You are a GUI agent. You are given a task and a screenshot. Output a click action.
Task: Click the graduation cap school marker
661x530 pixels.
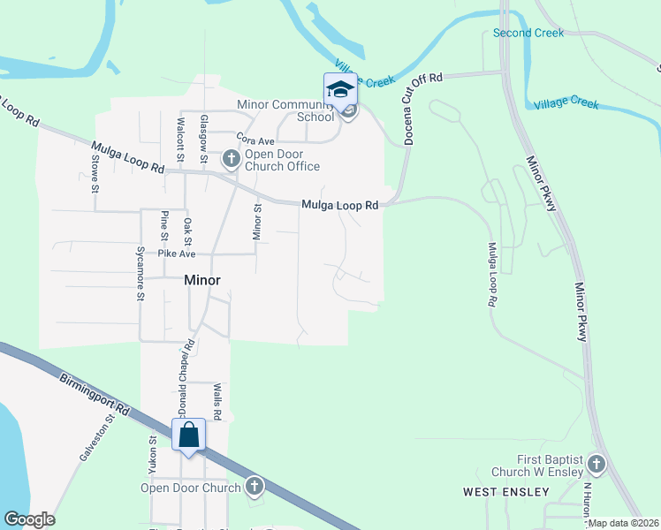click(x=340, y=90)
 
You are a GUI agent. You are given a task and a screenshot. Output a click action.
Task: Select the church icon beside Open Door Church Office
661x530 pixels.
click(x=232, y=160)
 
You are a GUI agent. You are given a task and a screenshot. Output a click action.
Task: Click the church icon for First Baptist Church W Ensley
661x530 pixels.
click(x=596, y=464)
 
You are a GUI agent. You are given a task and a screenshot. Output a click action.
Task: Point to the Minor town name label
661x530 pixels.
click(x=201, y=280)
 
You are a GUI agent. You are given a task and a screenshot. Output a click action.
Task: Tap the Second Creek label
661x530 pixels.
click(x=528, y=34)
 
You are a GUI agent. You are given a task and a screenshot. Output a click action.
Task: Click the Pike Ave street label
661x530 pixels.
click(x=176, y=254)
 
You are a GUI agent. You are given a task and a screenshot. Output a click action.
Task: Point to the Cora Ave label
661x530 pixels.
click(x=255, y=141)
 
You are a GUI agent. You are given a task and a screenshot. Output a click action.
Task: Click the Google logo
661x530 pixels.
click(x=29, y=519)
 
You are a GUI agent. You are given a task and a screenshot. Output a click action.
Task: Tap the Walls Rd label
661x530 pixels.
click(x=217, y=401)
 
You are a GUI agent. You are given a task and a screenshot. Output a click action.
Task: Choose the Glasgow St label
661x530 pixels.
click(x=204, y=140)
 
